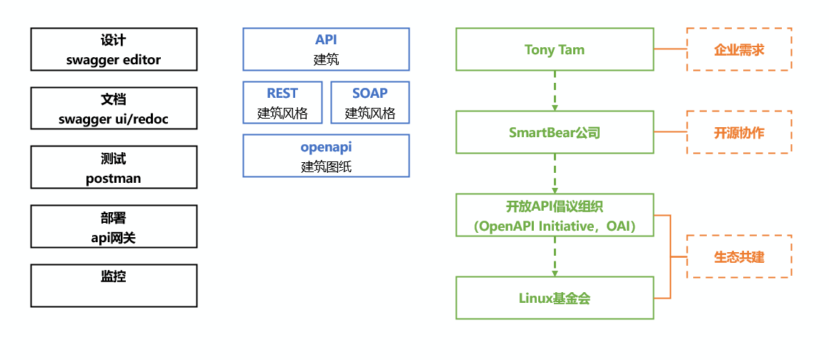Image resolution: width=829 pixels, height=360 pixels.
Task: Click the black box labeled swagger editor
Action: click(x=114, y=49)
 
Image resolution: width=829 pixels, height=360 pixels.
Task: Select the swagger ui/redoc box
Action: click(x=114, y=109)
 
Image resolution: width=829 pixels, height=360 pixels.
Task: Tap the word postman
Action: click(x=113, y=179)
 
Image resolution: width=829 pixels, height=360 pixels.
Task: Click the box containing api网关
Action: click(x=114, y=226)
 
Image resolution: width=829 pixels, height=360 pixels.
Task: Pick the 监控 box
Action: click(x=114, y=285)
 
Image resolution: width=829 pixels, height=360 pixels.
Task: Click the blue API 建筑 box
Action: click(x=326, y=49)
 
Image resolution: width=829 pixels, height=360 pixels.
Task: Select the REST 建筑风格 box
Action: click(x=282, y=102)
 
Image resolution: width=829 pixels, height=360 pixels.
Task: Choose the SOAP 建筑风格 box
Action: click(x=369, y=102)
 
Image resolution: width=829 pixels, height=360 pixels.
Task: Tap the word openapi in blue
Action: click(x=326, y=147)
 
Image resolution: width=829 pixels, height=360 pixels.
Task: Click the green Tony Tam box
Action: click(x=554, y=49)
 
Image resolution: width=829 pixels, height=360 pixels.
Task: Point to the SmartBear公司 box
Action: click(x=554, y=132)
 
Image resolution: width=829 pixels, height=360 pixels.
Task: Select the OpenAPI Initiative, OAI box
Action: click(x=554, y=215)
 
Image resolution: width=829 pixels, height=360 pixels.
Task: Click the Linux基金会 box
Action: click(x=554, y=298)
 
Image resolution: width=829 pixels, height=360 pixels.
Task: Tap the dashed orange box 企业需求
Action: click(x=738, y=49)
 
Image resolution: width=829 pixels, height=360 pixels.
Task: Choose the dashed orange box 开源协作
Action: click(x=738, y=132)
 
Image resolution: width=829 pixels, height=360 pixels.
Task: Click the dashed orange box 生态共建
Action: click(x=738, y=256)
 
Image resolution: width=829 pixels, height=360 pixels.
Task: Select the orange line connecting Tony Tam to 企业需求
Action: click(x=670, y=49)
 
